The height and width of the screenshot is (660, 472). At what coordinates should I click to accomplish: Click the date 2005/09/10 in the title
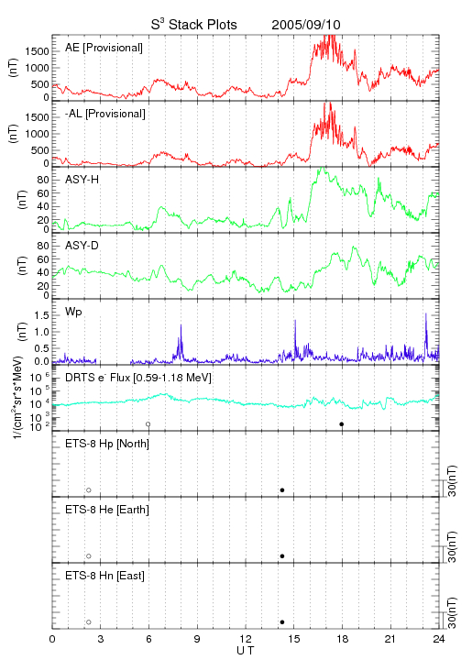306,25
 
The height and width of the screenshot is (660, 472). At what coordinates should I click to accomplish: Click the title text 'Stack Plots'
203,25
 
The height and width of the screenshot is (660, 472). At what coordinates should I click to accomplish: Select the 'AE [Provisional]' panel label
104,48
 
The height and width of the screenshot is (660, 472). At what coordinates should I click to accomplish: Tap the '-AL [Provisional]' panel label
105,114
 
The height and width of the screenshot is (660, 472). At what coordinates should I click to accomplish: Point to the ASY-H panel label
82,180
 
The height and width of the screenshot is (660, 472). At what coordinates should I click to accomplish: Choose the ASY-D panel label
82,246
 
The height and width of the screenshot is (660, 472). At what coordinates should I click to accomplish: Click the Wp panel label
73,313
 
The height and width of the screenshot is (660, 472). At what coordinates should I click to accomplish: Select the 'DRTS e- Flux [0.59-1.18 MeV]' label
138,378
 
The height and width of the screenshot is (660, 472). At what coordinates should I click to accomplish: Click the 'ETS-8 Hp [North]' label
107,444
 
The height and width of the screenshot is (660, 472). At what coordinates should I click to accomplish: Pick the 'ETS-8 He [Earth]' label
107,510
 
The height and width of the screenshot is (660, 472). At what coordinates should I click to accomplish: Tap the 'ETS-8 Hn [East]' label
104,576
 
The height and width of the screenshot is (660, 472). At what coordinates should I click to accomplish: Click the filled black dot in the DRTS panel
342,424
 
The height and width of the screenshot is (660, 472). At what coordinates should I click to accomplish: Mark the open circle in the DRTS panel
148,424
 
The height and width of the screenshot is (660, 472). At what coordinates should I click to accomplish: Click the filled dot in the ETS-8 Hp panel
282,489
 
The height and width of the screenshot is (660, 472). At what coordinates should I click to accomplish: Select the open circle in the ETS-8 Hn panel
89,622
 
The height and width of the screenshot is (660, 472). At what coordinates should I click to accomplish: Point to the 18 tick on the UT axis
343,639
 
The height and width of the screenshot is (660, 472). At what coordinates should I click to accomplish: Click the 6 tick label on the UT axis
148,639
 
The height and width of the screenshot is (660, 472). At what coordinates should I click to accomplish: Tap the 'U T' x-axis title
246,651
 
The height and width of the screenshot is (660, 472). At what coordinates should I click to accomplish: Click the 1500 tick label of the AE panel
37,51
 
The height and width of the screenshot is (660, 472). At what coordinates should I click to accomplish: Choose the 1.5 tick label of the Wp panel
41,315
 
